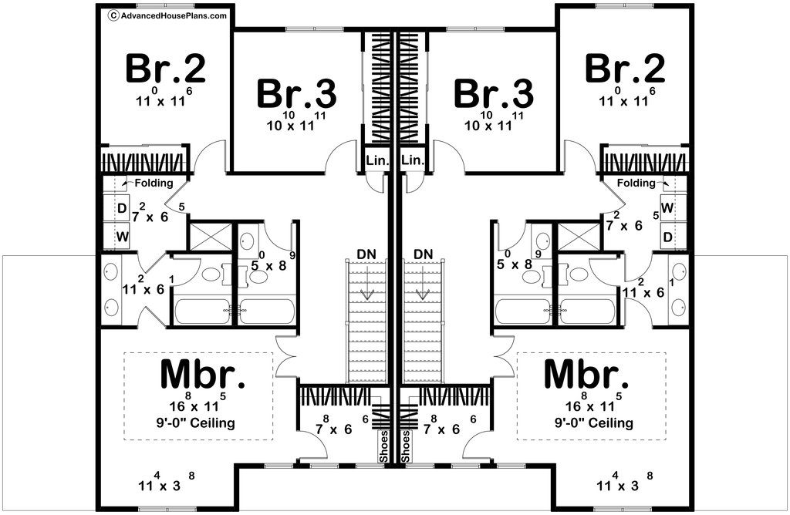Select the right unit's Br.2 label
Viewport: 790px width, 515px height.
coord(624,69)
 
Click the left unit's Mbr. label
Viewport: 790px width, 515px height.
coord(204,375)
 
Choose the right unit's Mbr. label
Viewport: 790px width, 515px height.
coord(587,375)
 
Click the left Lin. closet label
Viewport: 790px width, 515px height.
coord(378,160)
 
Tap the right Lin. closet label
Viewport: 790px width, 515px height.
coord(413,160)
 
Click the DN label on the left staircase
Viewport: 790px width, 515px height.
coord(367,254)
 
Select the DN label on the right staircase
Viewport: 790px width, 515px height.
coord(424,254)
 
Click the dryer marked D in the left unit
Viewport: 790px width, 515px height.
coord(122,209)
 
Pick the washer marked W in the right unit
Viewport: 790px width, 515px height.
coord(667,209)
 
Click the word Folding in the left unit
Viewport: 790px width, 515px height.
coord(154,183)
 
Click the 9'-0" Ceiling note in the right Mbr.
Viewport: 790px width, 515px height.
coord(594,423)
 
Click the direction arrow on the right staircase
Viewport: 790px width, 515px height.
coord(424,294)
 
